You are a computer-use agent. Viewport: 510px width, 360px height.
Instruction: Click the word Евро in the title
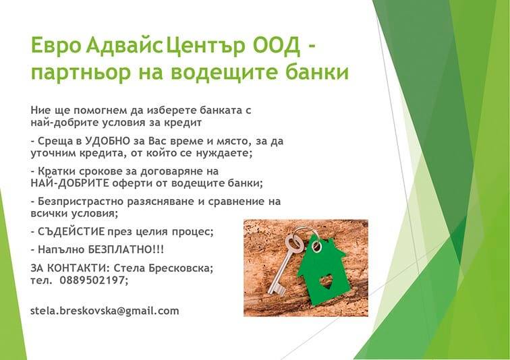click(55, 45)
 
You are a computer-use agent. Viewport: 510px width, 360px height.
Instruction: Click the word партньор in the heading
click(80, 73)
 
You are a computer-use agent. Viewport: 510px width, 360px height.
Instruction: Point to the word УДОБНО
click(105, 141)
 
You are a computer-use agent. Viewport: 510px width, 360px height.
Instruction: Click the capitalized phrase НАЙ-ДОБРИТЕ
click(70, 183)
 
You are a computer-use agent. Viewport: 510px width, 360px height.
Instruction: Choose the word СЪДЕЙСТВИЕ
click(72, 232)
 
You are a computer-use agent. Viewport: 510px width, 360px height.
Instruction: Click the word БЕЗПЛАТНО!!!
click(126, 249)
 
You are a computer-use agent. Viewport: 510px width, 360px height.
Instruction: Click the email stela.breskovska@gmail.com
click(105, 311)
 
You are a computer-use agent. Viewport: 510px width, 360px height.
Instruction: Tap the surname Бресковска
click(181, 268)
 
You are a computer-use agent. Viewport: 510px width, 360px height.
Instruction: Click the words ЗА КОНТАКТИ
click(69, 268)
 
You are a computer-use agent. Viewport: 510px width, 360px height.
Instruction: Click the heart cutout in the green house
click(327, 280)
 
